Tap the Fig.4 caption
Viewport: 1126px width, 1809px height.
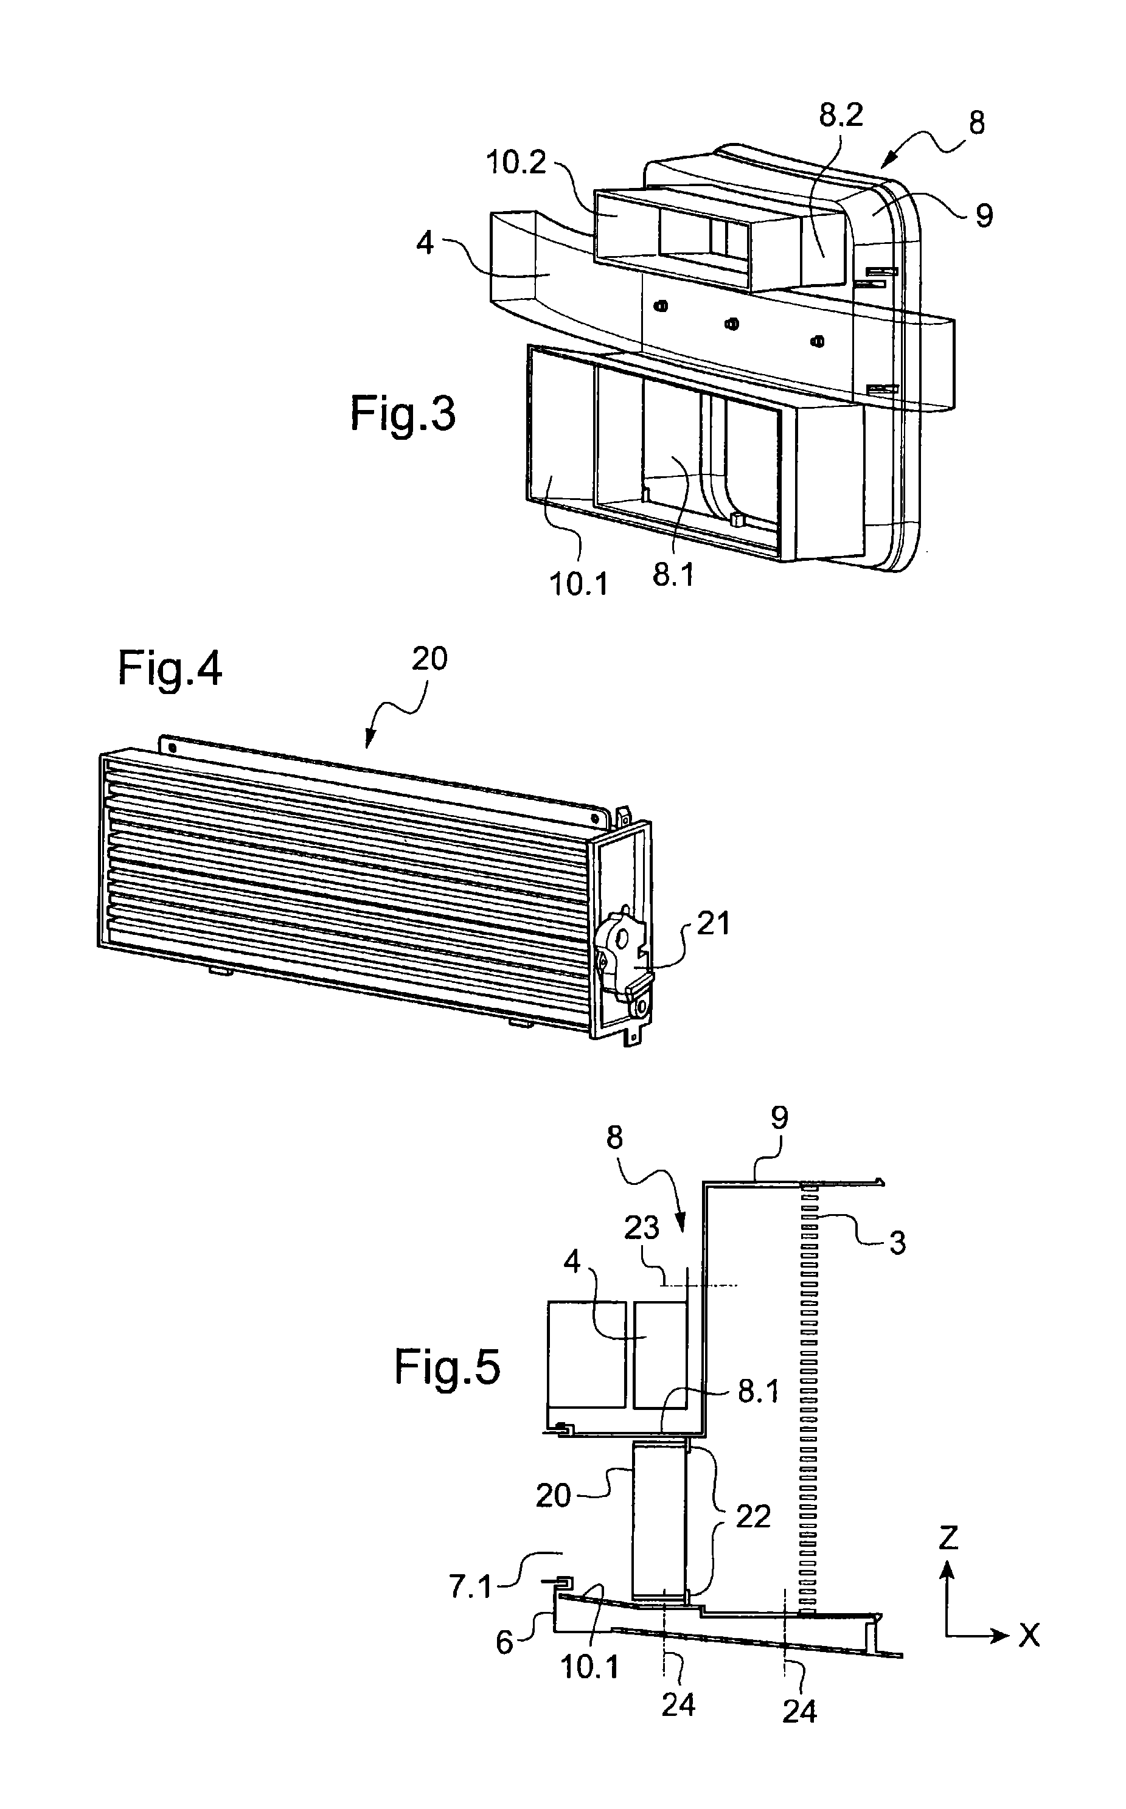(x=170, y=668)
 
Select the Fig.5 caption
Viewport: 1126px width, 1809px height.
(x=447, y=1368)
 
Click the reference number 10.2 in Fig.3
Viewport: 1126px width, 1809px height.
(x=516, y=162)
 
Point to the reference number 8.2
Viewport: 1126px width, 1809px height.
(x=841, y=116)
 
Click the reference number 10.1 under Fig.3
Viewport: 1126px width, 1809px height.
(x=579, y=585)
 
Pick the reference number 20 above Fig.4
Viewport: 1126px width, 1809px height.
(x=429, y=659)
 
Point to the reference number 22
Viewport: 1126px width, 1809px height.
(x=752, y=1516)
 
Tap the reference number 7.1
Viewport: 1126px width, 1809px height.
(x=471, y=1588)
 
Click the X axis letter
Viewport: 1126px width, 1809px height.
(x=1029, y=1636)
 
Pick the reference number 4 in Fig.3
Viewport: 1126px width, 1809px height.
(x=425, y=243)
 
